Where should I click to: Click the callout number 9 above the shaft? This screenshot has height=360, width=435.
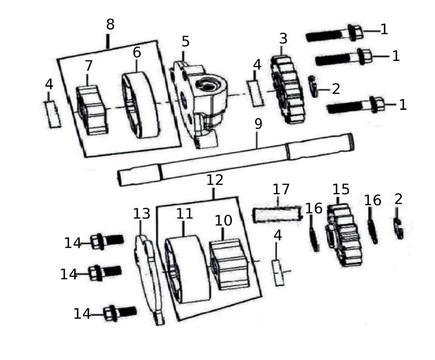(258, 124)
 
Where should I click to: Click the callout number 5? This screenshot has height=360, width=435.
(186, 42)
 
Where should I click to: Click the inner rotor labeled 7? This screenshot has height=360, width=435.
(91, 110)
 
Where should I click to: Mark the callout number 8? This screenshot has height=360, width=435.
(110, 25)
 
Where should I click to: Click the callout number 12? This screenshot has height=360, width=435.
(215, 180)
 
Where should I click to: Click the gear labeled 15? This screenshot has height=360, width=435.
(345, 235)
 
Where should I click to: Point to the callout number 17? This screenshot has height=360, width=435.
(281, 190)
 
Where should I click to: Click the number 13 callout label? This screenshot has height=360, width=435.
(141, 213)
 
